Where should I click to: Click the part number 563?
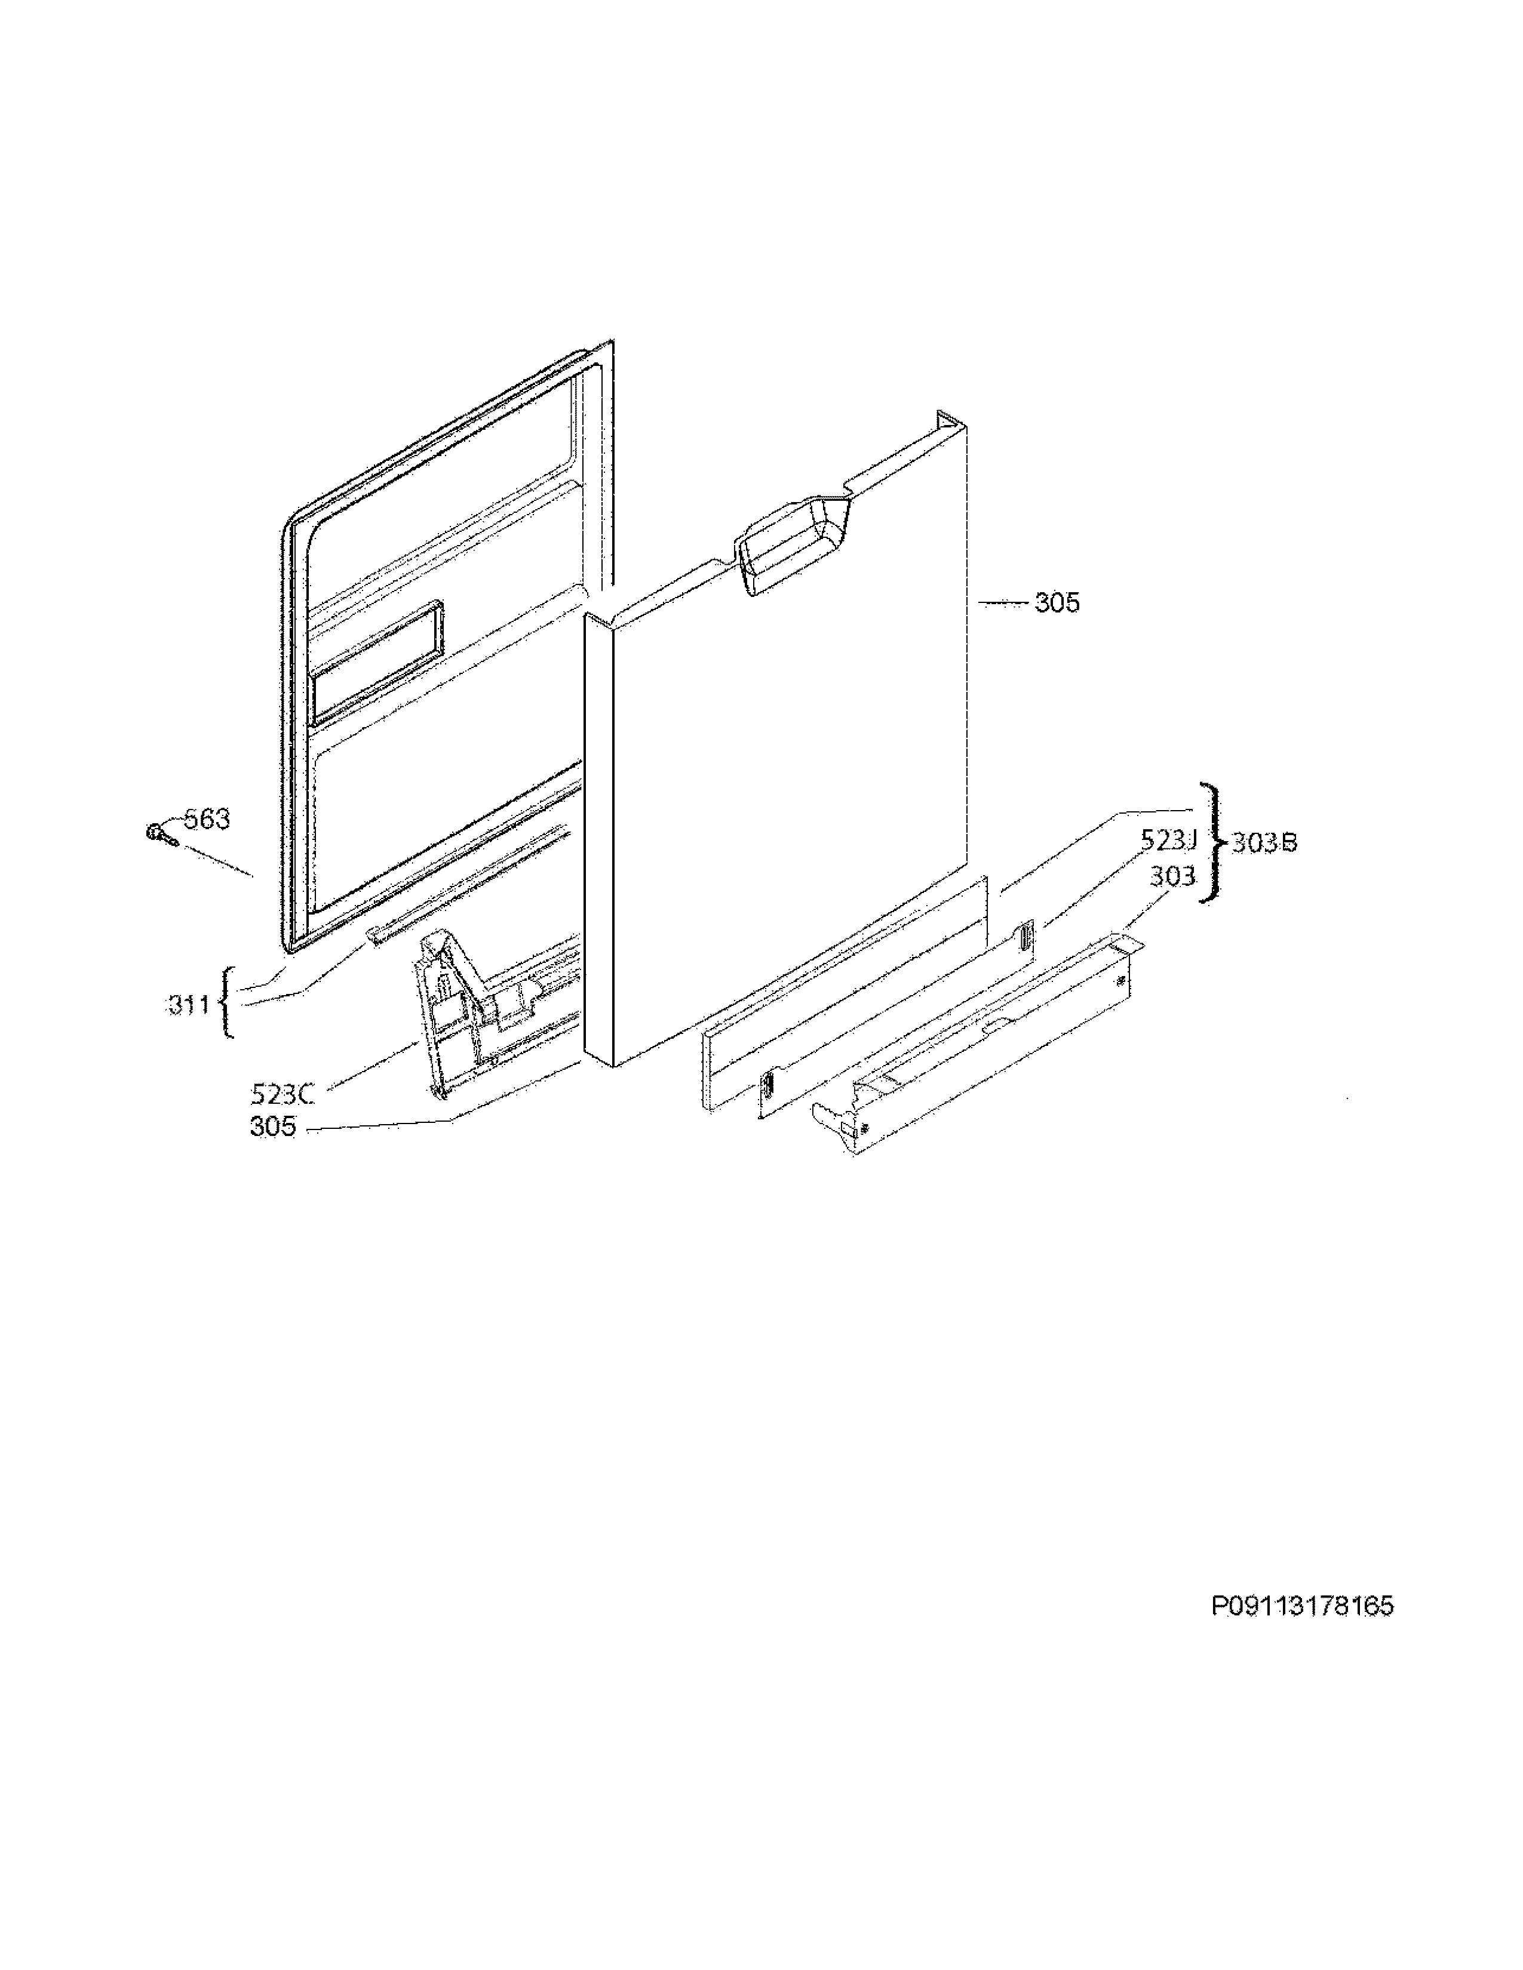pos(207,819)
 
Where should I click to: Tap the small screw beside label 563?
pos(157,833)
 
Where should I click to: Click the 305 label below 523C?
pos(272,1126)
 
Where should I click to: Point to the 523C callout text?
pos(283,1094)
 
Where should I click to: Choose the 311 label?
pos(189,1004)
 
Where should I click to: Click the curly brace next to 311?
pos(226,1002)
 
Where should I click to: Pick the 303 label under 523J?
pos(1172,875)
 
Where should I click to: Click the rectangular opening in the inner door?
pos(377,663)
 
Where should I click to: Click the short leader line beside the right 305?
pos(1002,602)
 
